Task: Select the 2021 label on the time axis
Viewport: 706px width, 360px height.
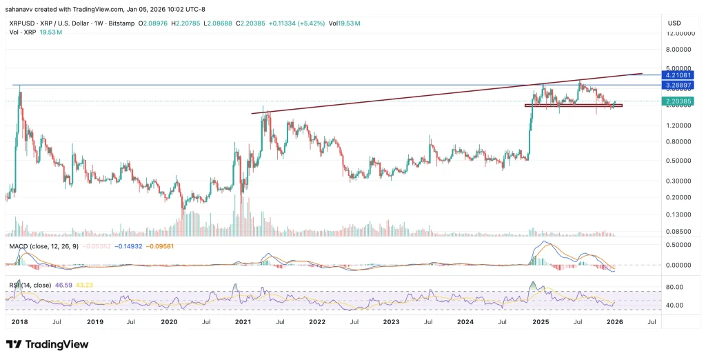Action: click(243, 321)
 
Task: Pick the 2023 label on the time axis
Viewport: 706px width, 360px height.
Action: click(392, 321)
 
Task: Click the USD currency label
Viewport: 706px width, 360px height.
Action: click(674, 23)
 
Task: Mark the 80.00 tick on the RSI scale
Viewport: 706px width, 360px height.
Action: click(675, 287)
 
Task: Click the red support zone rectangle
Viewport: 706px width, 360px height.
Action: click(573, 106)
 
